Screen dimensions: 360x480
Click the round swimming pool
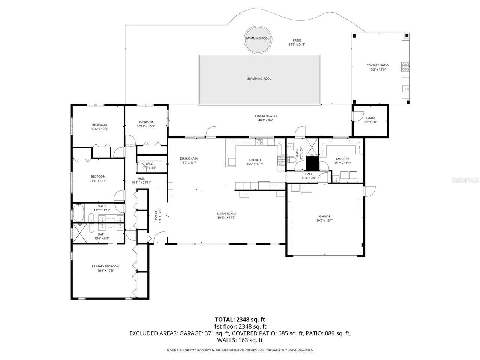[257, 39]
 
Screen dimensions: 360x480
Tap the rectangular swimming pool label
[259, 79]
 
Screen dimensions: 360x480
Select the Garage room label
[325, 216]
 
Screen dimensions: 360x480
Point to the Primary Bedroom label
[105, 266]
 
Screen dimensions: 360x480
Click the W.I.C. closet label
[150, 163]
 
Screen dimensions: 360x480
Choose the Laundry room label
[342, 159]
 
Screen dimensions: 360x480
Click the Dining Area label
[189, 159]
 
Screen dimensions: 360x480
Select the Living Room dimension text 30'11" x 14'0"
[226, 218]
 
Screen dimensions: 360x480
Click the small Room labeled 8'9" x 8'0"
[370, 120]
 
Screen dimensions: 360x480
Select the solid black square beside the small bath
[312, 163]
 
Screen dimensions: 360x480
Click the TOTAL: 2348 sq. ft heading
[240, 319]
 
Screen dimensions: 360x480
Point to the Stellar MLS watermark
[465, 180]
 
